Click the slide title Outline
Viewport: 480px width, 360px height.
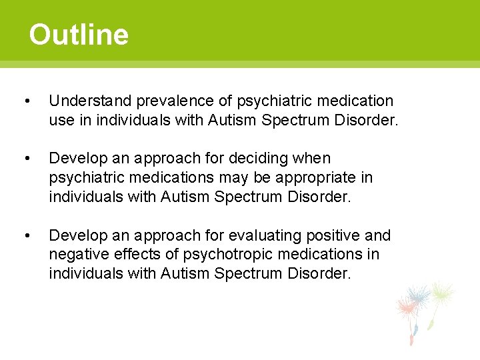pos(79,35)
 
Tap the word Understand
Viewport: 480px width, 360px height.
pos(90,101)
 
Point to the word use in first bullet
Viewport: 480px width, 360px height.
pos(61,120)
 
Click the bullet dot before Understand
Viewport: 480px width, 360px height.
pos(26,101)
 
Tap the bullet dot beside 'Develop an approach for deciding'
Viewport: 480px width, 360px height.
pos(26,159)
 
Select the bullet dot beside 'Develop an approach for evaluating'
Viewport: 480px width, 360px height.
pos(26,236)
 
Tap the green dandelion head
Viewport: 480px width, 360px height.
pos(442,293)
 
